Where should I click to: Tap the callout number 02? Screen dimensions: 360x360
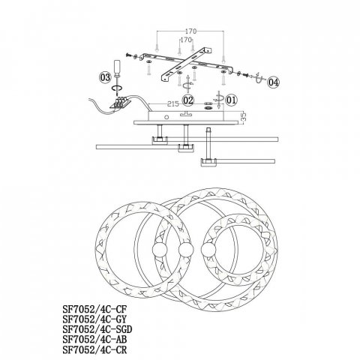tap(187, 99)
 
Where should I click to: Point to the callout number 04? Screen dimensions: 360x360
tap(272, 81)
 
